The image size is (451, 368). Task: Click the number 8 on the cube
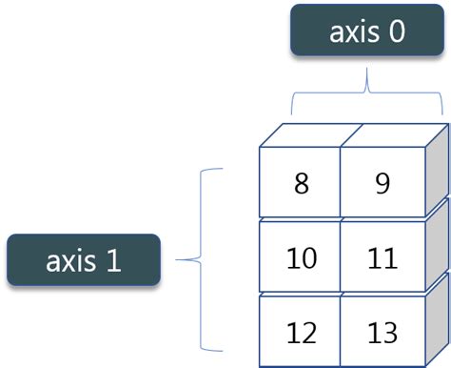point(302,183)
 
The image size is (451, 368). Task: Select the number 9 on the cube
point(382,183)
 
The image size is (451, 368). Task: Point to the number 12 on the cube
point(302,334)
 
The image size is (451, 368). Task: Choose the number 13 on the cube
point(382,334)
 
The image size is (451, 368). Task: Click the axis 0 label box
point(367,32)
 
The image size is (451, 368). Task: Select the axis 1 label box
point(82,260)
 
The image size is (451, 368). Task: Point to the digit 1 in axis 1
point(113,260)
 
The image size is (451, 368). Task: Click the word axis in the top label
point(352,32)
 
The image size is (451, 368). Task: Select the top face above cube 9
point(387,134)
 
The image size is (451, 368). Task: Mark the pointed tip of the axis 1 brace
point(181,258)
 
